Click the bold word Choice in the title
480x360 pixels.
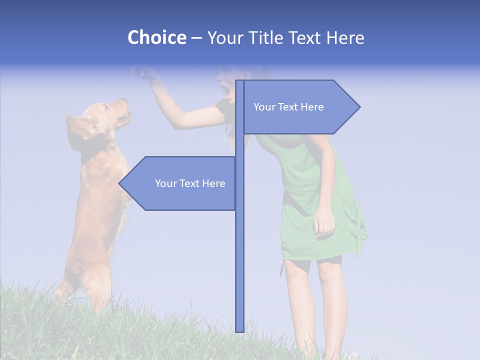pyautogui.click(x=156, y=37)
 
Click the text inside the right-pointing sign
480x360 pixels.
pyautogui.click(x=288, y=107)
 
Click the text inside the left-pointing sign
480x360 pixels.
pyautogui.click(x=190, y=183)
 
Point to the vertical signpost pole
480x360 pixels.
pyautogui.click(x=239, y=250)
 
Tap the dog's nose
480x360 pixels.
pyautogui.click(x=125, y=100)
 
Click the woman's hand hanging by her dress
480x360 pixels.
pyautogui.click(x=324, y=222)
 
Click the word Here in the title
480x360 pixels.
pyautogui.click(x=345, y=37)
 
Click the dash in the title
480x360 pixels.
pyautogui.click(x=196, y=37)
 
